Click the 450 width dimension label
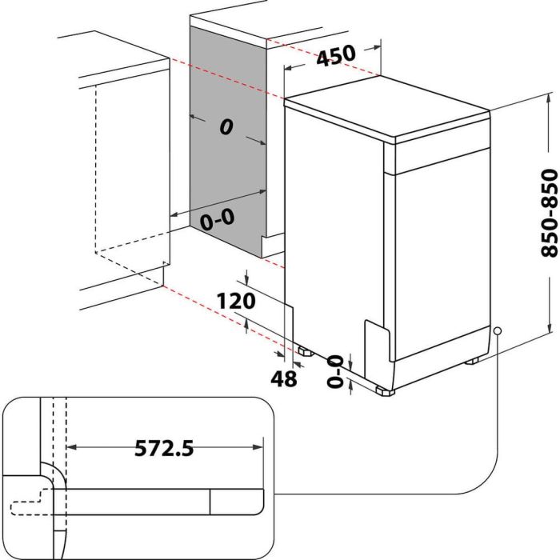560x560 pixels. pos(336,58)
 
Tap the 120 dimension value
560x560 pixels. pos(235,301)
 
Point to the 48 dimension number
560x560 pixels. pos(283,378)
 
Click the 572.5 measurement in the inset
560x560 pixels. pos(164,448)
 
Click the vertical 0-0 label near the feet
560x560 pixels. pos(334,372)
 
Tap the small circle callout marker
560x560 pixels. pos(498,330)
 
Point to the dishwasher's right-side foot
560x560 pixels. pos(473,361)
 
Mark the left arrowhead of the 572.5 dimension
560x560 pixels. pos(70,448)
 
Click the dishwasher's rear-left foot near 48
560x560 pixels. pos(305,350)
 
